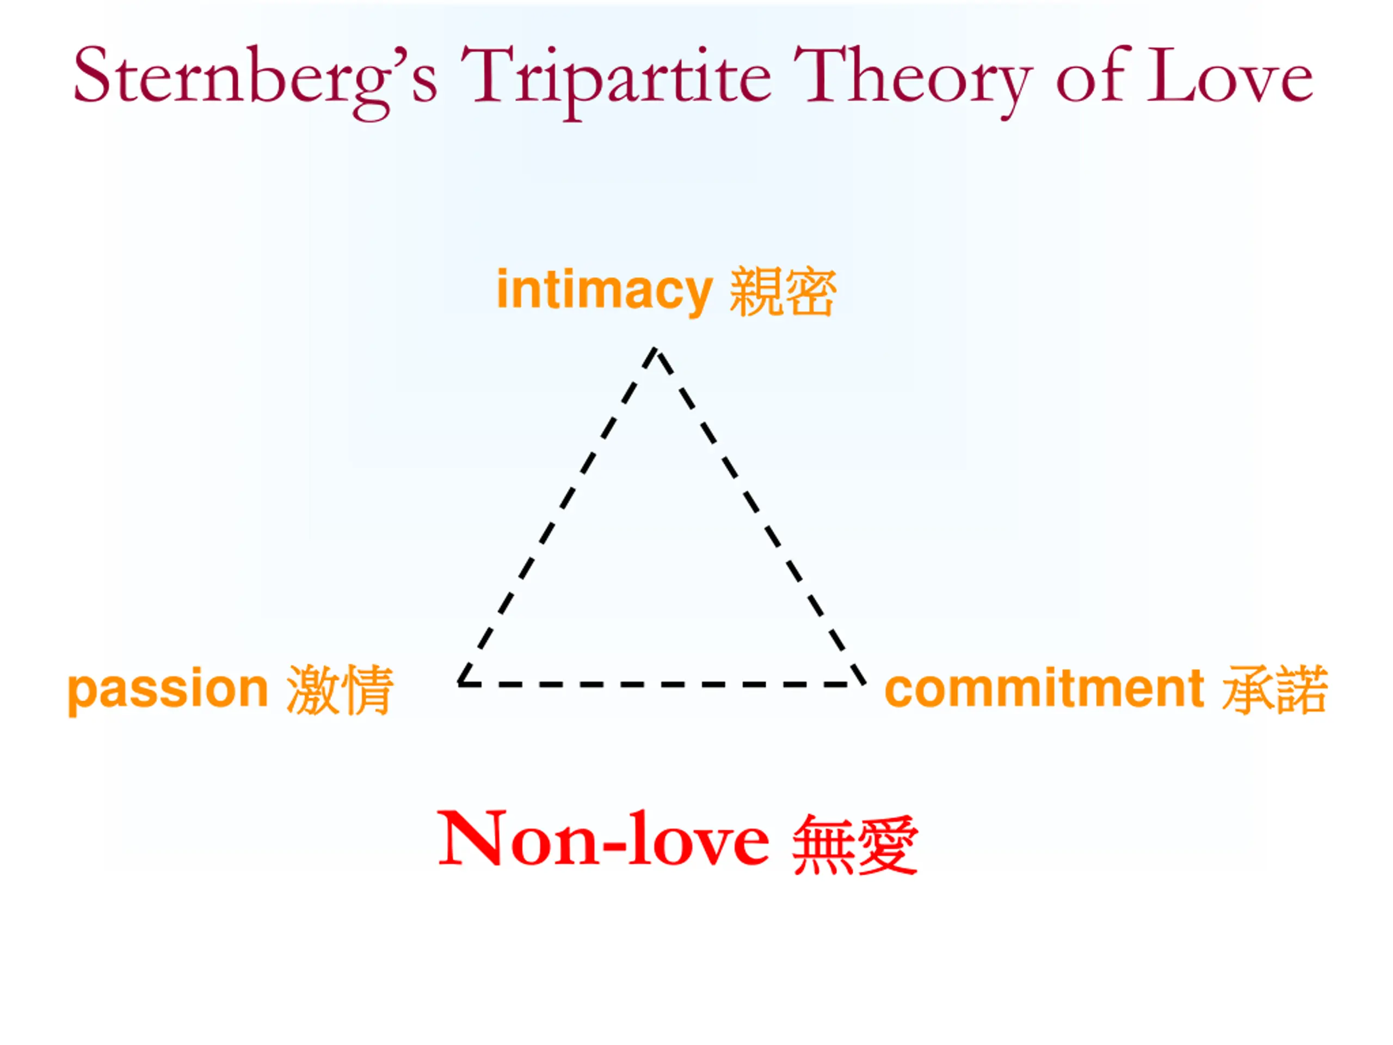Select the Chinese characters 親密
click(x=783, y=292)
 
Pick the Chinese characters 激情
click(x=340, y=690)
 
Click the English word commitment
click(x=1045, y=689)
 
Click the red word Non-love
click(x=603, y=840)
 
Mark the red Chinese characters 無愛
click(x=854, y=844)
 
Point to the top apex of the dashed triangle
click(x=655, y=350)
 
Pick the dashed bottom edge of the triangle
click(x=661, y=684)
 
